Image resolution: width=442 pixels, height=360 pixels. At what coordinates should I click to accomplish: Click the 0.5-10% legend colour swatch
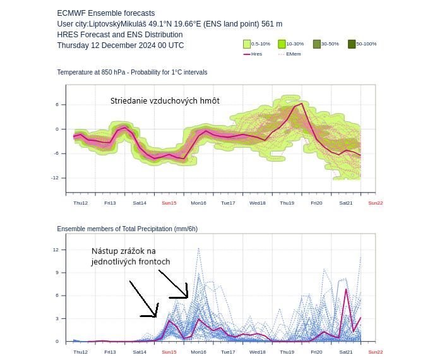pos(247,44)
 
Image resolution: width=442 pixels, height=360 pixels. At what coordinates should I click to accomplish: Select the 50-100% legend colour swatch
pos(352,44)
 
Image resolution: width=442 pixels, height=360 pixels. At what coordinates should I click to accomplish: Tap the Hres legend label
pos(256,54)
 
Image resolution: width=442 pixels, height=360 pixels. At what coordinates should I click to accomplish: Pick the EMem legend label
pos(294,54)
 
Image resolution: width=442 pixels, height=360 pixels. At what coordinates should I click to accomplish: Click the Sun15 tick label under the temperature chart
pos(169,203)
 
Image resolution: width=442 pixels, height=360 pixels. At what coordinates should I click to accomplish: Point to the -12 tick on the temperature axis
pos(55,178)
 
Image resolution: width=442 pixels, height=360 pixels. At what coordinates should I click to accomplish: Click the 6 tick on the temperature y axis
pos(57,105)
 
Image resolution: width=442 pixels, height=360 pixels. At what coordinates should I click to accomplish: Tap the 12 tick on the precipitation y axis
pos(56,249)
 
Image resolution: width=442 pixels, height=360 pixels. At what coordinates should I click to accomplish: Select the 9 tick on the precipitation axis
pos(57,273)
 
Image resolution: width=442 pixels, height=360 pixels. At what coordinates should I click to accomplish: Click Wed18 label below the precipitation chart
pos(258,352)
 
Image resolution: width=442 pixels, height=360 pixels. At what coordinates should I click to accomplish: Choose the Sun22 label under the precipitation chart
pos(376,352)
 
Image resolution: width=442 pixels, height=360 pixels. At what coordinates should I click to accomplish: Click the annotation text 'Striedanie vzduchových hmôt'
pos(165,101)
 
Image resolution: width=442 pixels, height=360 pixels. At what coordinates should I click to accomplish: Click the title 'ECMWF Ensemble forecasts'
pos(106,13)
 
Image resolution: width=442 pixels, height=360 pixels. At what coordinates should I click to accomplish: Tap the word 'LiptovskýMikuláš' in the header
pos(117,24)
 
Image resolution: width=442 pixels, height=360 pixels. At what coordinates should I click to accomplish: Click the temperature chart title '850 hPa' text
pos(113,72)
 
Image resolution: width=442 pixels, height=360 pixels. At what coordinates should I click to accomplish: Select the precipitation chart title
pos(128,229)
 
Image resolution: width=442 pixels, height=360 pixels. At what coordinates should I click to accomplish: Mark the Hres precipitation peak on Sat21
pos(346,289)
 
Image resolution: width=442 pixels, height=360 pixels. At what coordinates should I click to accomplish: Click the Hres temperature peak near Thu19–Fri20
pos(302,104)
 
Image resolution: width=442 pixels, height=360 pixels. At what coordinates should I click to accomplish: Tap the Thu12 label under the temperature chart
pos(81,203)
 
